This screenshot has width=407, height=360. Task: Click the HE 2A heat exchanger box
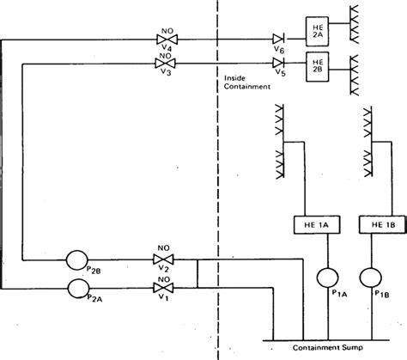(x=317, y=30)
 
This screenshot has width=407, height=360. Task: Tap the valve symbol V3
(x=164, y=63)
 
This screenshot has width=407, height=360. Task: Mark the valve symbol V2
(x=163, y=258)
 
